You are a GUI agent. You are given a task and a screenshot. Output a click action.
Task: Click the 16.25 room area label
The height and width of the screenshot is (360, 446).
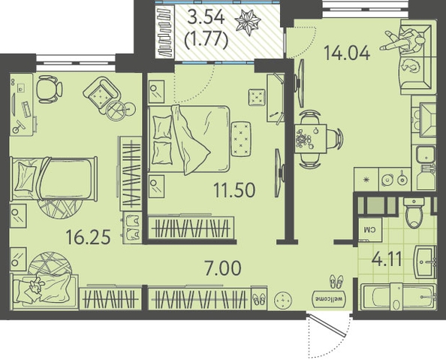pos(88,237)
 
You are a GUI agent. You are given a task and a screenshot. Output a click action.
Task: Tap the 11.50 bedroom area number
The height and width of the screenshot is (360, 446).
pos(234,190)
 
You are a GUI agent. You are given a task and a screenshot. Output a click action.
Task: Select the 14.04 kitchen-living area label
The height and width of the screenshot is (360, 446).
pos(347,53)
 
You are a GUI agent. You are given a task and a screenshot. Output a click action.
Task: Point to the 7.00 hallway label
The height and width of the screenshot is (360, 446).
pos(223,268)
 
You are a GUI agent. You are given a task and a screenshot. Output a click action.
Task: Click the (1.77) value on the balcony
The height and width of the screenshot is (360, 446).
pos(206,40)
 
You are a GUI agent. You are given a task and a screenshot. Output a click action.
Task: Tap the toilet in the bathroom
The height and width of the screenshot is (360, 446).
pos(414,213)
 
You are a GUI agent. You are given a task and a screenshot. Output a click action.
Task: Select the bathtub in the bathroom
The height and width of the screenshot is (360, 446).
pos(397,297)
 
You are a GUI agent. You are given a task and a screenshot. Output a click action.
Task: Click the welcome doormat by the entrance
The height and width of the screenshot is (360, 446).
pos(330,299)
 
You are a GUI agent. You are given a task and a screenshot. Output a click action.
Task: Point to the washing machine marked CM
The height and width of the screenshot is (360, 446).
pos(369,229)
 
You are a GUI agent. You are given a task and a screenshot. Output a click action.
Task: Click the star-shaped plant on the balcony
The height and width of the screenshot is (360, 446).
pos(248,23)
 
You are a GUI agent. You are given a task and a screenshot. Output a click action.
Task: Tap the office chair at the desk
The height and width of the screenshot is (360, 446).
pos(50,89)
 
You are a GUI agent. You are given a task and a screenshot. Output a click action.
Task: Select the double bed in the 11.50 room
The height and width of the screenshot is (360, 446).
pos(189,139)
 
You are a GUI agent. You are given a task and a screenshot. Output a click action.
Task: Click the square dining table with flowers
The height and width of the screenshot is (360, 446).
pos(311,139)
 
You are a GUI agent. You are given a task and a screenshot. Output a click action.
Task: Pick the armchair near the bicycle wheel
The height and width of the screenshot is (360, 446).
pos(101,95)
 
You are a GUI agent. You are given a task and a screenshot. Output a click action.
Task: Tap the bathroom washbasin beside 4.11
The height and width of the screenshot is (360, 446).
pos(425,262)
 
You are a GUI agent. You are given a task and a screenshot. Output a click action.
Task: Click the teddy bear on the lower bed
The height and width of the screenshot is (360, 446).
pos(35,286)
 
